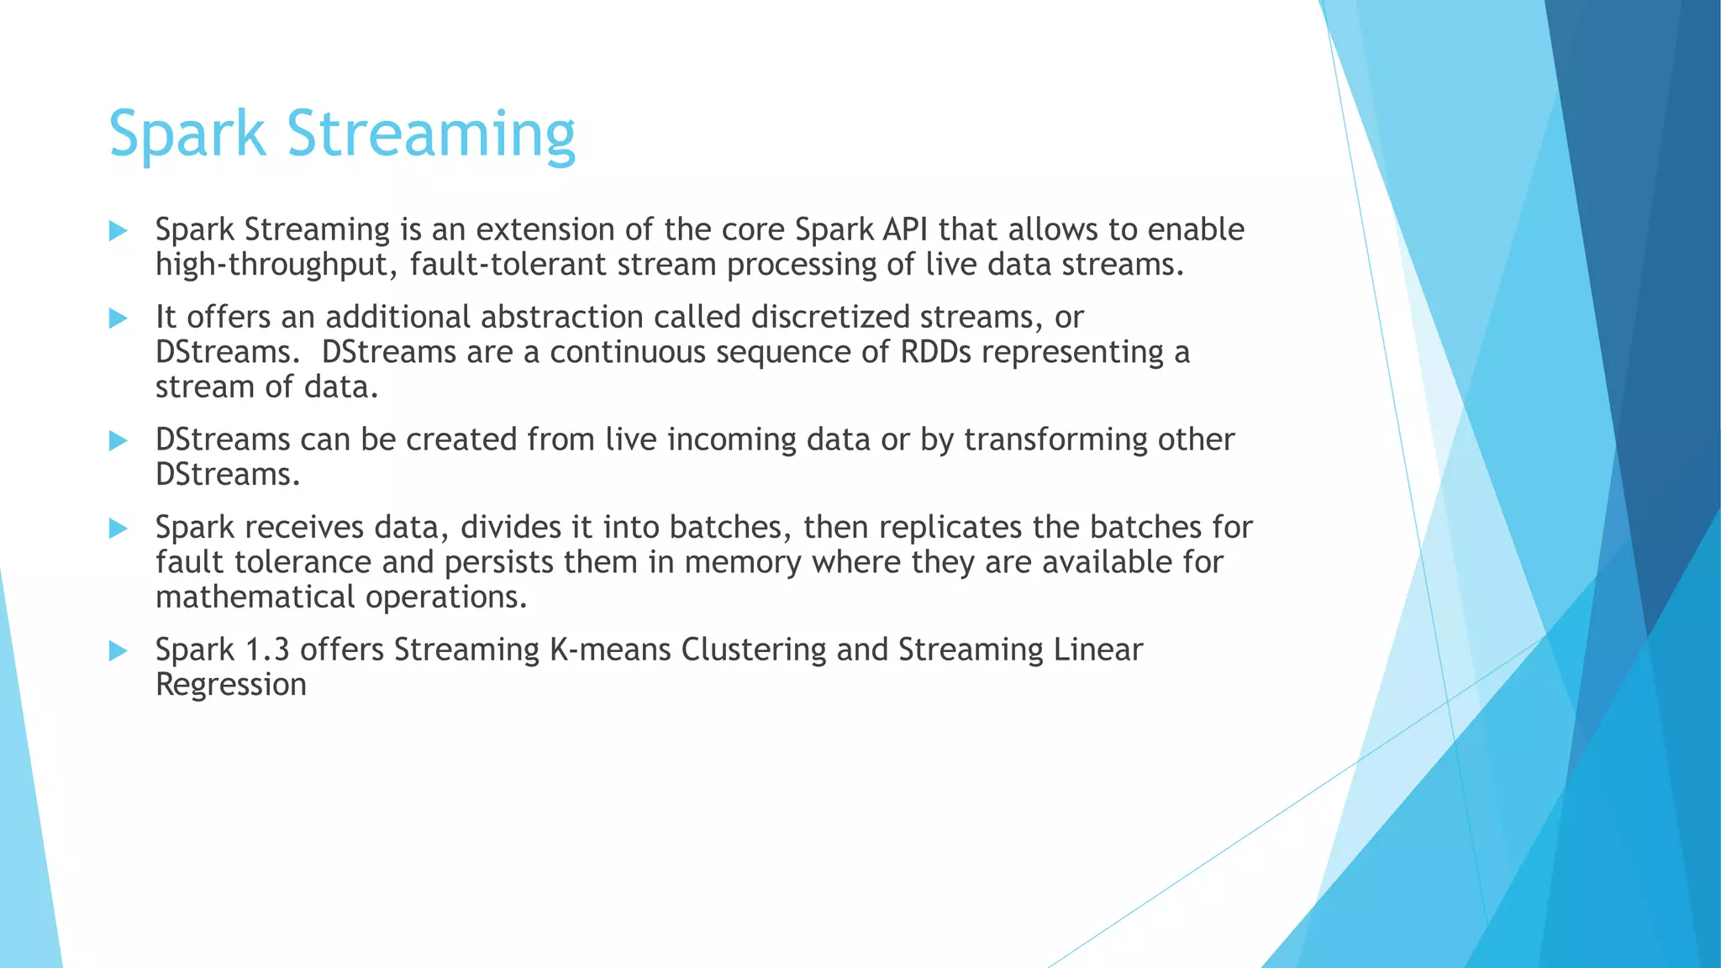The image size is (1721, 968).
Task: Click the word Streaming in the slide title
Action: [430, 134]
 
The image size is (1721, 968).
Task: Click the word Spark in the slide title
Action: [187, 134]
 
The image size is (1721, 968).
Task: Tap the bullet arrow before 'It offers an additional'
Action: [118, 318]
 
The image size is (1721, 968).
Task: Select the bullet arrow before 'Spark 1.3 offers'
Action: [118, 651]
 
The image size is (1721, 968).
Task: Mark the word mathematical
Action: [255, 597]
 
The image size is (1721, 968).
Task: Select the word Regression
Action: [230, 686]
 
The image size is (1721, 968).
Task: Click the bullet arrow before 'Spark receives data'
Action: [118, 529]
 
